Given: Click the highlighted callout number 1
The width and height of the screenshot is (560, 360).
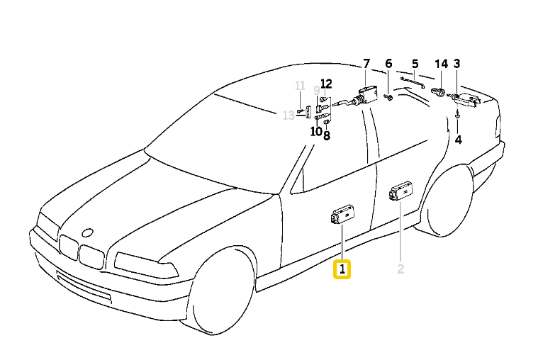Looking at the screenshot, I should tap(342, 269).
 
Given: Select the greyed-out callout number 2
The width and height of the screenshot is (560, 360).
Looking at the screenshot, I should tap(401, 269).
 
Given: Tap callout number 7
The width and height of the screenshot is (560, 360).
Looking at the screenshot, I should tap(366, 64).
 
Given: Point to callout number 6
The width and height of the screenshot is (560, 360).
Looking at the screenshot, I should tap(388, 64).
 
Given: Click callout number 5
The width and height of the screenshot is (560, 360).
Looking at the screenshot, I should tap(415, 64).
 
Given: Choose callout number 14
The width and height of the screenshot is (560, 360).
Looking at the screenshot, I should tap(441, 64).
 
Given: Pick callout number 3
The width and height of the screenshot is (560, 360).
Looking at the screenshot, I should tap(457, 64).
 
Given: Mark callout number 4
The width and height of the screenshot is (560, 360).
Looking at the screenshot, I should tap(458, 140).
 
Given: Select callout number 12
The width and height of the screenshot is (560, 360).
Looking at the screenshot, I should tap(326, 83).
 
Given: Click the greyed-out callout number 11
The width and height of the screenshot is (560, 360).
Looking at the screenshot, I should tap(300, 86).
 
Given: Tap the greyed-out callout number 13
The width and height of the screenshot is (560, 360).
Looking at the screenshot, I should tap(289, 116).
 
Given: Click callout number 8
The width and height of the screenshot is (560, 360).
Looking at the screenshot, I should tap(327, 135).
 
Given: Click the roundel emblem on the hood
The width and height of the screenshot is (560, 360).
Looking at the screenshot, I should tap(87, 232).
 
